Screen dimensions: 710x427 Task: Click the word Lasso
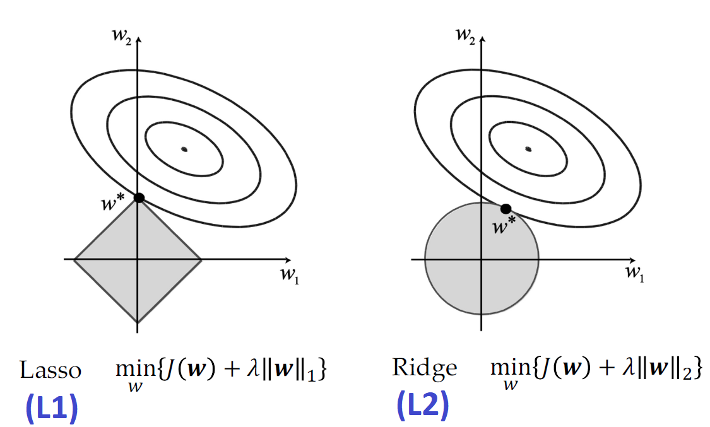[50, 370]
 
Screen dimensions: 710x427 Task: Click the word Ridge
[424, 367]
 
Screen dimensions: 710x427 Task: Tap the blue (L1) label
[51, 409]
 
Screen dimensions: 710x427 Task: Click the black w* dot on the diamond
[139, 198]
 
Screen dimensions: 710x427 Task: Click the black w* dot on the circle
[506, 209]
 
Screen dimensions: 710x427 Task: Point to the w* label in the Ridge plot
[504, 226]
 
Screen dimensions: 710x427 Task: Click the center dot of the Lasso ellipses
[184, 149]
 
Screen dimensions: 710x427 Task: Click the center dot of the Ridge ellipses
[528, 149]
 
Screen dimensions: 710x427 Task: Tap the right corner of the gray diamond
[201, 259]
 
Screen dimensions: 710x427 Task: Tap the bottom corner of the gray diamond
[138, 322]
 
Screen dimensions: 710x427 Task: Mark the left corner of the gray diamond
[75, 259]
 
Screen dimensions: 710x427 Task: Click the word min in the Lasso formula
[129, 370]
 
